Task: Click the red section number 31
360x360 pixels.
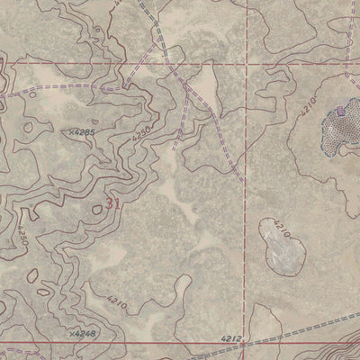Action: (x=112, y=203)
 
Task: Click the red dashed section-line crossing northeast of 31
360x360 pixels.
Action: (x=245, y=66)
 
